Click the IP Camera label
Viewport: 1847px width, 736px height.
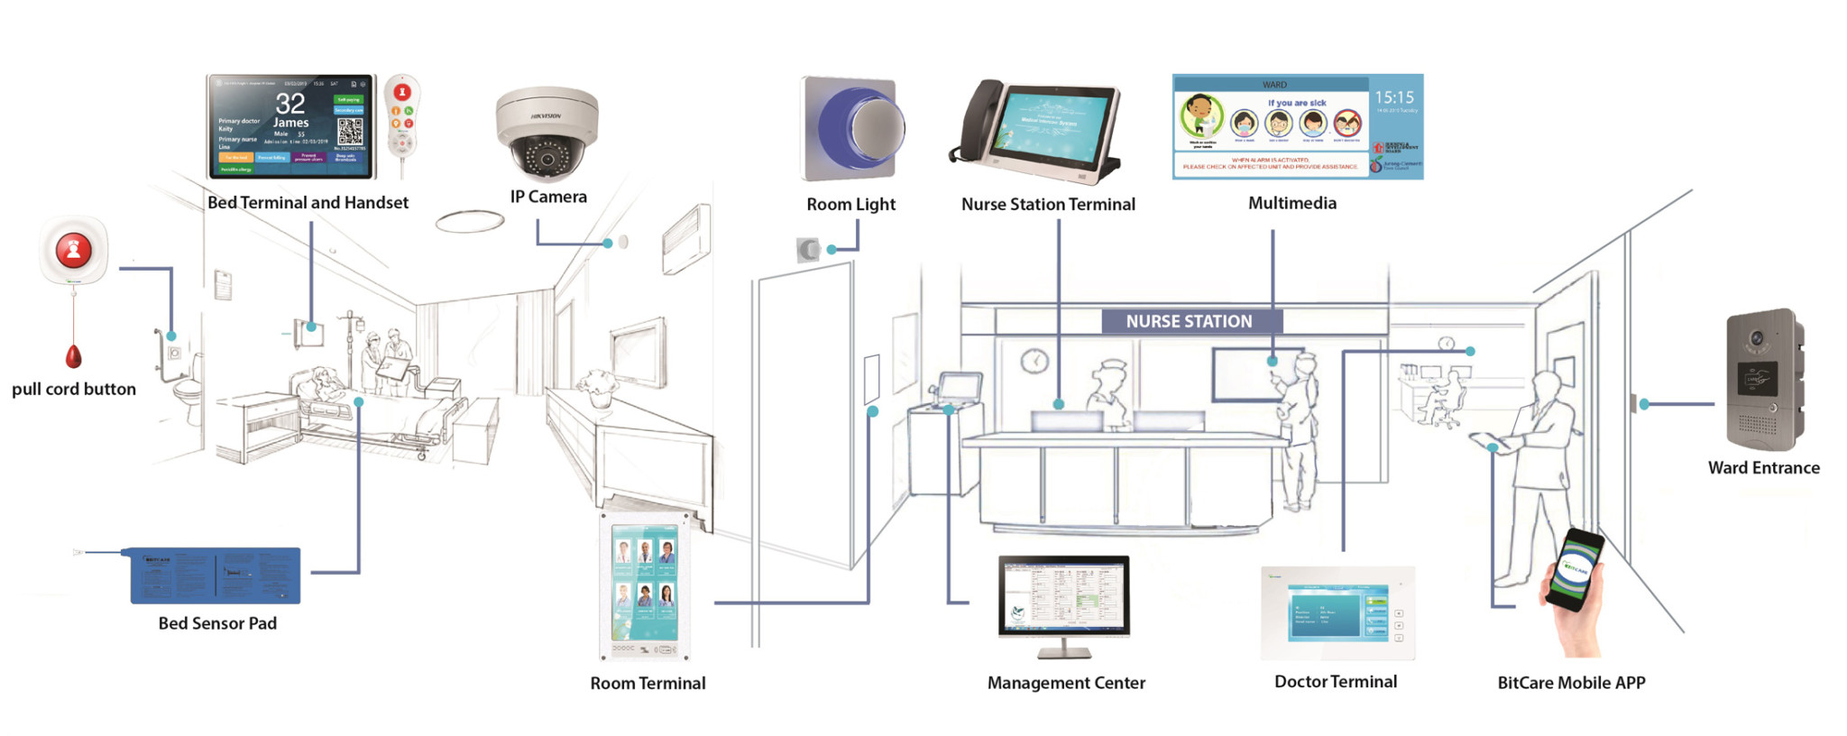[x=548, y=197]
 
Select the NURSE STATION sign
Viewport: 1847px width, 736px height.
[x=1190, y=321]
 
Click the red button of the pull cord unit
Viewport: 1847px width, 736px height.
[x=73, y=250]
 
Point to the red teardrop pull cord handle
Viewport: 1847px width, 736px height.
[x=73, y=357]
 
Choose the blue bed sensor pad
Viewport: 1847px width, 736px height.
[x=216, y=575]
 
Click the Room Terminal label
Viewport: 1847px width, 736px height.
[x=648, y=684]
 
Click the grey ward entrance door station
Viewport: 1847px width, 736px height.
[x=1762, y=380]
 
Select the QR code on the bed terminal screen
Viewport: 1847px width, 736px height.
[x=350, y=133]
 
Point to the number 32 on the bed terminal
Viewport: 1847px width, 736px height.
[x=290, y=103]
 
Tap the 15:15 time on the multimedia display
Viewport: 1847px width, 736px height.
[x=1394, y=97]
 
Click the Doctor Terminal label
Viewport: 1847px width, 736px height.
[x=1336, y=682]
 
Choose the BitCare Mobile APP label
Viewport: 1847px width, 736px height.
[x=1571, y=683]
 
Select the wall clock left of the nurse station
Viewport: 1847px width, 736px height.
[x=1034, y=361]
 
